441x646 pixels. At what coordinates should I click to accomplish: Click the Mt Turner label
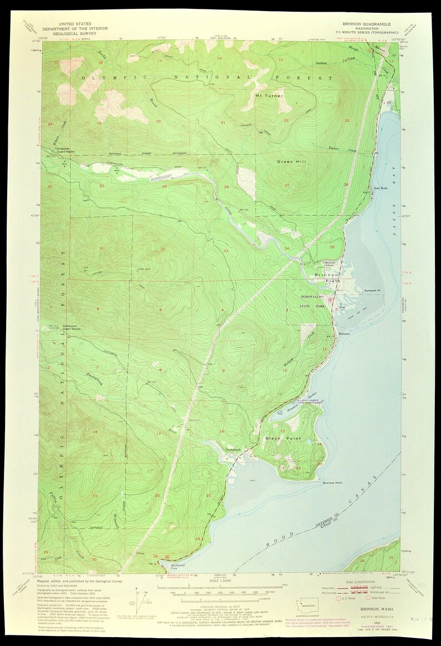click(x=269, y=96)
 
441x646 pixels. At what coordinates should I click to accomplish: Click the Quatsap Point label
click(x=332, y=483)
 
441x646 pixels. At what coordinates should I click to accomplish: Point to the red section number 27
click(x=288, y=185)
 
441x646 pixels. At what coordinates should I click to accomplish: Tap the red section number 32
click(x=162, y=249)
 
